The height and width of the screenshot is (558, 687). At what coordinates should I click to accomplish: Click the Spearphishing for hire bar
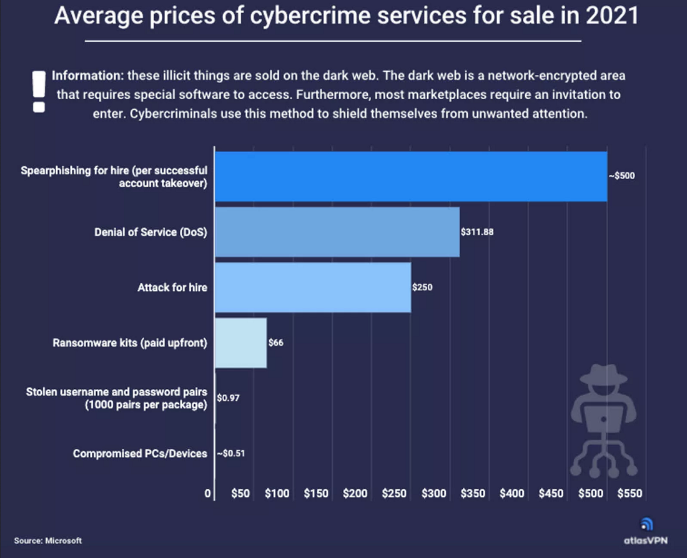pyautogui.click(x=411, y=177)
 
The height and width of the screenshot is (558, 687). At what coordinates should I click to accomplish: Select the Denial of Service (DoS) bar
pyautogui.click(x=337, y=232)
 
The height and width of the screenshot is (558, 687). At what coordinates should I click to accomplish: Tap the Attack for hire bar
pyautogui.click(x=313, y=288)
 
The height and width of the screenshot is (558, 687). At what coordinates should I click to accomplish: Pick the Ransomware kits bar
pyautogui.click(x=241, y=343)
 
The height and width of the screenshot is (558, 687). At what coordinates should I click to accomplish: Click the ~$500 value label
pyautogui.click(x=622, y=176)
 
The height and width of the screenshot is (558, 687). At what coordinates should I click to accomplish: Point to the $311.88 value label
pyautogui.click(x=477, y=232)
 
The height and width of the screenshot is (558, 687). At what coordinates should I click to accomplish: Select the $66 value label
pyautogui.click(x=276, y=343)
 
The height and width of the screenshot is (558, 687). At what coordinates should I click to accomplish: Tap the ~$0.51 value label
pyautogui.click(x=230, y=454)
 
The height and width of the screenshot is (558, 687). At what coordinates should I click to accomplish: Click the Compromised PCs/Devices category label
pyautogui.click(x=140, y=454)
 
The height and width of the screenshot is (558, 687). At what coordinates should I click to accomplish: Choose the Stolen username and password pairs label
pyautogui.click(x=116, y=398)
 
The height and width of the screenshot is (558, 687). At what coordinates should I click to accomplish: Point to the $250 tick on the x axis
pyautogui.click(x=394, y=494)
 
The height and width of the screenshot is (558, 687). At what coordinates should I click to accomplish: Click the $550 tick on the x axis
pyautogui.click(x=630, y=494)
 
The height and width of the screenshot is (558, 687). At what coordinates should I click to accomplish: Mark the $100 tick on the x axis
pyautogui.click(x=277, y=494)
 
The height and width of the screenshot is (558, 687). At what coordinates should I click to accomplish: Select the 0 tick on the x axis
pyautogui.click(x=208, y=494)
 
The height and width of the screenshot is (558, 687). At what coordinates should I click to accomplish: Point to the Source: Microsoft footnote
pyautogui.click(x=48, y=541)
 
